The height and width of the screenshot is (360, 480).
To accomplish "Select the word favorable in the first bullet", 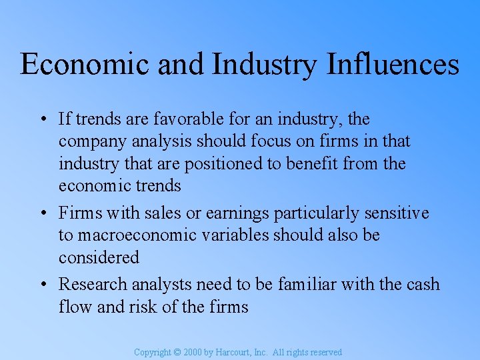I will coord(177,119).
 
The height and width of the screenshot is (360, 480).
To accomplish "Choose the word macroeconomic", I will coord(131,235).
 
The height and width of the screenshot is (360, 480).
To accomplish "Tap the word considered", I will coord(99,257).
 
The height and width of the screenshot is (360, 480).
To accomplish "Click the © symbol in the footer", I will coord(177,352).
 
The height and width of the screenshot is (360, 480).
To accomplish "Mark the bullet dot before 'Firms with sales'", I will coord(42,214).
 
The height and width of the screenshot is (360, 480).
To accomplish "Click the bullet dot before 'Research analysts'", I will coord(42,285).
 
